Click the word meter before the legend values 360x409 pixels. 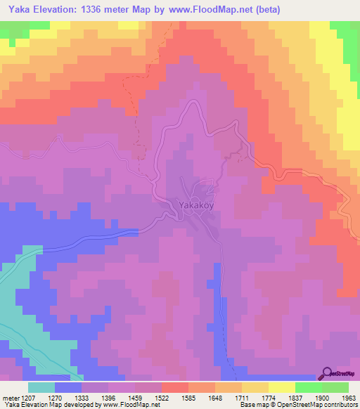coord(9,398)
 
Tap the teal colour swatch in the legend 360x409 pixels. coord(41,387)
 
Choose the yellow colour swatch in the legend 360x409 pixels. coord(282,387)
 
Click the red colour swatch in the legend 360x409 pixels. coord(175,387)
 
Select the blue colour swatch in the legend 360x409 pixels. coord(68,387)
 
